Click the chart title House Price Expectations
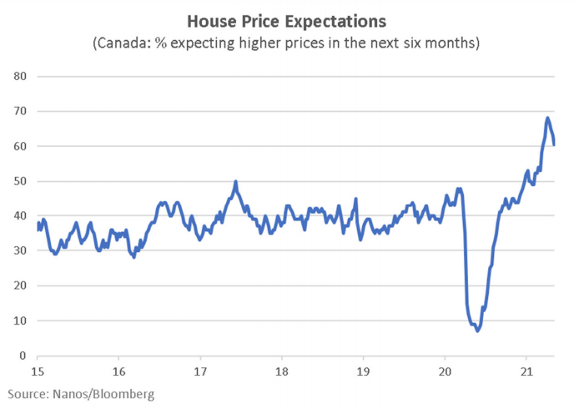pyautogui.click(x=286, y=19)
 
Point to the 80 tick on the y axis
pyautogui.click(x=20, y=76)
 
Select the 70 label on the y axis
pyautogui.click(x=20, y=111)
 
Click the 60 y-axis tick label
pyautogui.click(x=20, y=146)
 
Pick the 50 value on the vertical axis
pyautogui.click(x=20, y=181)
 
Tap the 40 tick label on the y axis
pyautogui.click(x=20, y=216)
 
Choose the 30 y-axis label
pyautogui.click(x=20, y=251)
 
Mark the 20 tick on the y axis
pyautogui.click(x=20, y=286)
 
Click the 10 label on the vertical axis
pyautogui.click(x=20, y=321)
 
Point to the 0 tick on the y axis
pyautogui.click(x=23, y=356)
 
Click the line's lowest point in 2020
pyautogui.click(x=477, y=331)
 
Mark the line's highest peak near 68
pyautogui.click(x=547, y=118)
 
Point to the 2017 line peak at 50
pyautogui.click(x=235, y=181)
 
